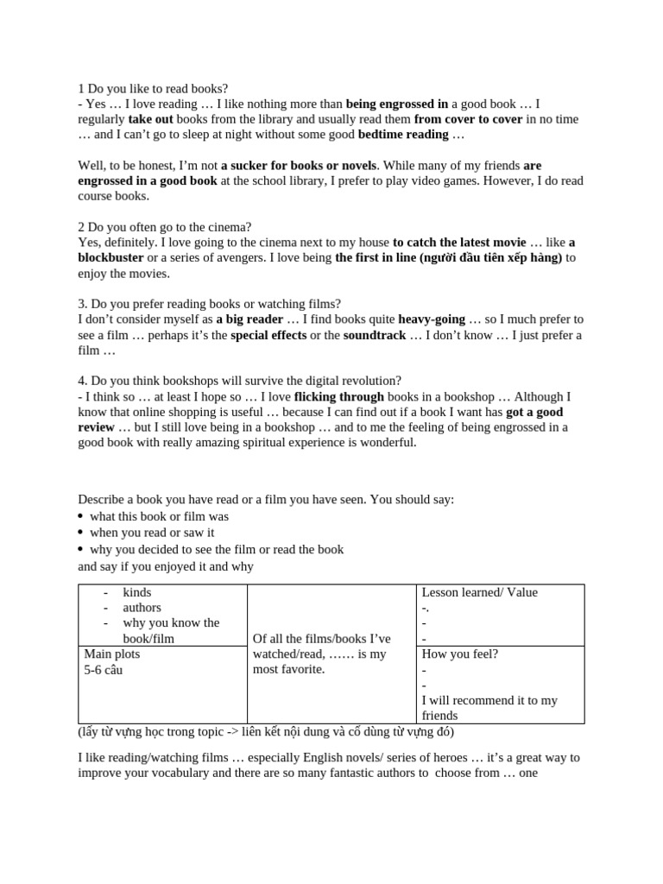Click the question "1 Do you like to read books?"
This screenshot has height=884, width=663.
point(153,88)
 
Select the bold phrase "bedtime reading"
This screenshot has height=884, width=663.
point(403,135)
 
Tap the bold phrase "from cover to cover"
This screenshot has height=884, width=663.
point(468,119)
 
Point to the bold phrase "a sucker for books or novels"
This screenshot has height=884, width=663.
point(299,165)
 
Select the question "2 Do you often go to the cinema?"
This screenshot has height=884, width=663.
point(164,227)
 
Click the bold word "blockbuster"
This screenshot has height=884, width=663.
point(110,258)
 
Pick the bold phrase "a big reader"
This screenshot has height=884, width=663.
point(249,319)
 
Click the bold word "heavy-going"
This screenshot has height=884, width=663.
point(432,319)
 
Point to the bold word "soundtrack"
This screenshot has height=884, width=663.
point(375,335)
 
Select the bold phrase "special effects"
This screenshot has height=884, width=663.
point(268,335)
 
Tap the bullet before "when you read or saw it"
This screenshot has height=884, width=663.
point(81,534)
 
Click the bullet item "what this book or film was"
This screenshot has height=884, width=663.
point(159,516)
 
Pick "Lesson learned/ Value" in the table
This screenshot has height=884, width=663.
point(479,592)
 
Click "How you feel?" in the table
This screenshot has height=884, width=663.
point(459,654)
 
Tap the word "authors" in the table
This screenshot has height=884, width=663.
point(142,608)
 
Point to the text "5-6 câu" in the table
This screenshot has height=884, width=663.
point(103,670)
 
